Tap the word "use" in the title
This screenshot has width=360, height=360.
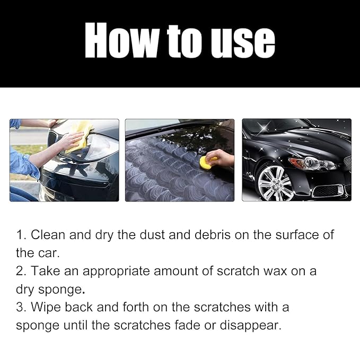click(x=243, y=43)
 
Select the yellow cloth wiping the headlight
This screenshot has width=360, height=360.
click(x=78, y=136)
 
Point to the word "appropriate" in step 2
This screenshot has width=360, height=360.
click(x=116, y=272)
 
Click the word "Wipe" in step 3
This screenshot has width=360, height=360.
click(x=46, y=308)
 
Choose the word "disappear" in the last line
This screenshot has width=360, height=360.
click(x=250, y=326)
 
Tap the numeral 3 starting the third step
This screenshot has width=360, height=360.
click(x=20, y=307)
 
